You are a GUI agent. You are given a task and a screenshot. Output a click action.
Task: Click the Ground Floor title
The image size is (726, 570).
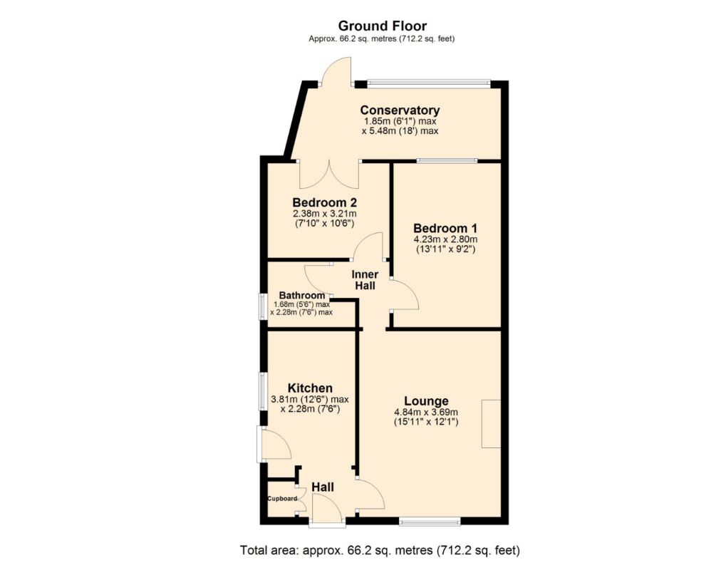(x=383, y=26)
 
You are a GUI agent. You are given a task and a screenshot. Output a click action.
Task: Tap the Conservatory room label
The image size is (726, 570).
(x=400, y=110)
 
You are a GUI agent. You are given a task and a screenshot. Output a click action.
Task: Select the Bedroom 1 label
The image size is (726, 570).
(x=445, y=228)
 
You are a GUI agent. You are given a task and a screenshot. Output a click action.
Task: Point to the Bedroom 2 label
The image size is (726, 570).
(x=325, y=202)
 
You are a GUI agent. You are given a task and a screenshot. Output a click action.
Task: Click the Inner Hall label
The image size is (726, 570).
(x=365, y=280)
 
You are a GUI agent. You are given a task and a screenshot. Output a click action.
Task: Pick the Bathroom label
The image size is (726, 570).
(x=302, y=296)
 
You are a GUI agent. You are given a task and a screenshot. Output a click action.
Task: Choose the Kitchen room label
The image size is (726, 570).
(x=310, y=388)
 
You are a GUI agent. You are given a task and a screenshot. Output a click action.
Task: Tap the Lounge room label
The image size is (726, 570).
(x=426, y=401)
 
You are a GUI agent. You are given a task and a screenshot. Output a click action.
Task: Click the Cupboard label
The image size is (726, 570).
(x=282, y=499)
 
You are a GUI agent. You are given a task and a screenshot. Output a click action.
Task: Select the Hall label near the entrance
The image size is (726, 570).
(x=323, y=487)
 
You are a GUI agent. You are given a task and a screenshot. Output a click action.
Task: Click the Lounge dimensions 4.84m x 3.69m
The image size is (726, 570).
(x=426, y=412)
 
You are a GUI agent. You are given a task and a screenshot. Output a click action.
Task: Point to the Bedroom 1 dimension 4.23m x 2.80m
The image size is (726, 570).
(x=445, y=239)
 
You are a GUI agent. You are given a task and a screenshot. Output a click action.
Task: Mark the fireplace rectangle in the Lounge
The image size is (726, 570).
(x=492, y=424)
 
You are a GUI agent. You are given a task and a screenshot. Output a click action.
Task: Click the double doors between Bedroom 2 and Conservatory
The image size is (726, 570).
(x=329, y=175)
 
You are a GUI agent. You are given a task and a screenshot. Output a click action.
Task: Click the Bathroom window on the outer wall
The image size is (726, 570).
(x=263, y=306)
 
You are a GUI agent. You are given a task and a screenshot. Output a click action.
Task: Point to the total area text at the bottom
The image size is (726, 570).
(x=380, y=551)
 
